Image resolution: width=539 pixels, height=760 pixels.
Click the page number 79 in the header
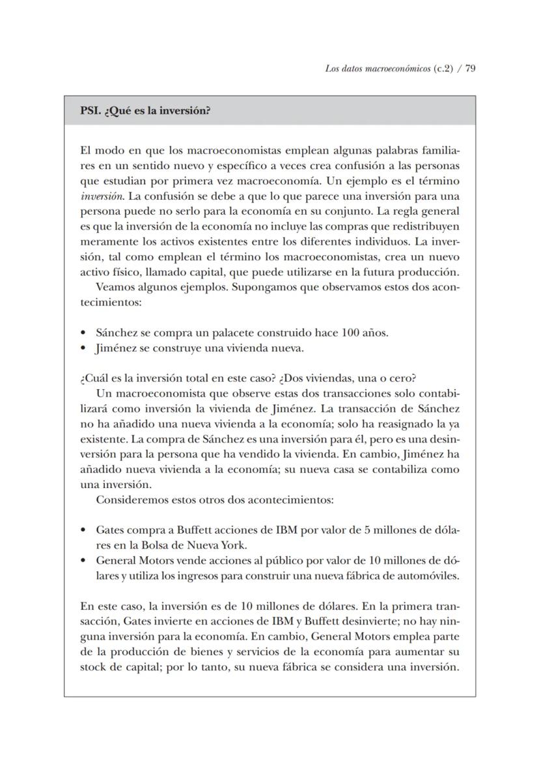(x=470, y=68)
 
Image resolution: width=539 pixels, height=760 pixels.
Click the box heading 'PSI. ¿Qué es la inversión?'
(x=145, y=110)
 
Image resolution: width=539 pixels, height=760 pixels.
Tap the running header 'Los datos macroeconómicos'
(x=377, y=68)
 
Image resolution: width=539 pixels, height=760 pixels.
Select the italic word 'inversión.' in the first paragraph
(x=99, y=196)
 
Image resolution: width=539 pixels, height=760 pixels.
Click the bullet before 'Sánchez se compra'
(x=83, y=333)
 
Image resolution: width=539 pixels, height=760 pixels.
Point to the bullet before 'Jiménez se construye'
(x=83, y=349)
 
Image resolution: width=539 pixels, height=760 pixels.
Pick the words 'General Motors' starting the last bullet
(x=130, y=560)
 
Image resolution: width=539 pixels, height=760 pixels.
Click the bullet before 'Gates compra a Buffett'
(x=83, y=530)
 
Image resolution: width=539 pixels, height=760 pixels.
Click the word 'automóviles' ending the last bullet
(x=432, y=576)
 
